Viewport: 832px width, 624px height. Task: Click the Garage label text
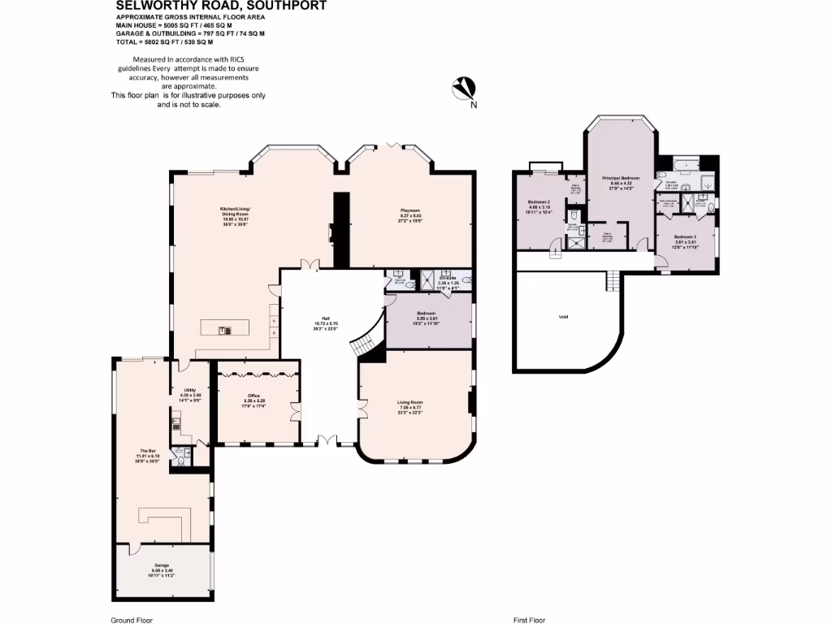click(162, 565)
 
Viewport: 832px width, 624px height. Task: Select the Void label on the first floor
click(563, 317)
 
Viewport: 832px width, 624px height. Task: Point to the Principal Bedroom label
click(621, 177)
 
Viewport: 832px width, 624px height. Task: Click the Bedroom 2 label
click(539, 201)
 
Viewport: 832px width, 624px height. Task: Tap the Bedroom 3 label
click(684, 236)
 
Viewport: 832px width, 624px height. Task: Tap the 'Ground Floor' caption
click(131, 620)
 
